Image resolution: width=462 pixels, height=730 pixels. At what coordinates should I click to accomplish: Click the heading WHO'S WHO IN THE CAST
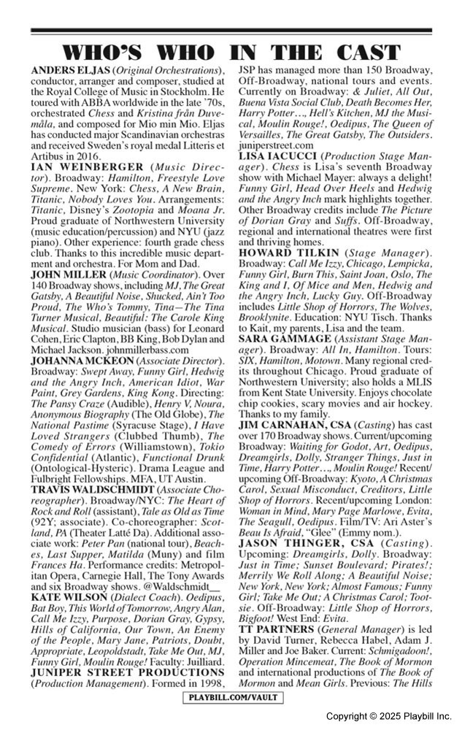(x=231, y=53)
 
